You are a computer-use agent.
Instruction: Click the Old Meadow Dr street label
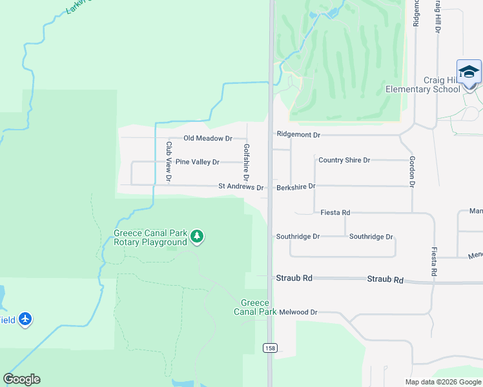click(x=207, y=138)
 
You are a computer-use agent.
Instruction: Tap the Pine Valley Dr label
click(x=198, y=162)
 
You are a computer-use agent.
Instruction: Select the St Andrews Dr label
click(x=241, y=188)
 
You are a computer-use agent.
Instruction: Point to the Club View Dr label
click(x=169, y=161)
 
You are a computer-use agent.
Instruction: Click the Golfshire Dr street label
click(x=246, y=162)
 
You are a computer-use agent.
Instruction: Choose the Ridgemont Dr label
click(x=298, y=135)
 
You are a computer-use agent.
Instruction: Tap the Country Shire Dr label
click(x=344, y=160)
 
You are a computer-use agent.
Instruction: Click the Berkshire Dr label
click(x=296, y=186)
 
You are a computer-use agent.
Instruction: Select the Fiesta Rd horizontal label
click(x=335, y=212)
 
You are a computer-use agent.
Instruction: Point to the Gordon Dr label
click(x=411, y=172)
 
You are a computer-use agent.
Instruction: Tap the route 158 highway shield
click(x=269, y=348)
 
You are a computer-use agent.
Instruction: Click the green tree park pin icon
click(x=198, y=238)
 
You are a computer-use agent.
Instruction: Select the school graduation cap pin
click(x=469, y=72)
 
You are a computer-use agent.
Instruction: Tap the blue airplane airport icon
click(x=25, y=319)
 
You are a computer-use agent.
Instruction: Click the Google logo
click(x=21, y=379)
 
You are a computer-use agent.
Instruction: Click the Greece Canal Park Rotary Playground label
click(x=150, y=237)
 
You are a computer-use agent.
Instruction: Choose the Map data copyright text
click(x=443, y=382)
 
